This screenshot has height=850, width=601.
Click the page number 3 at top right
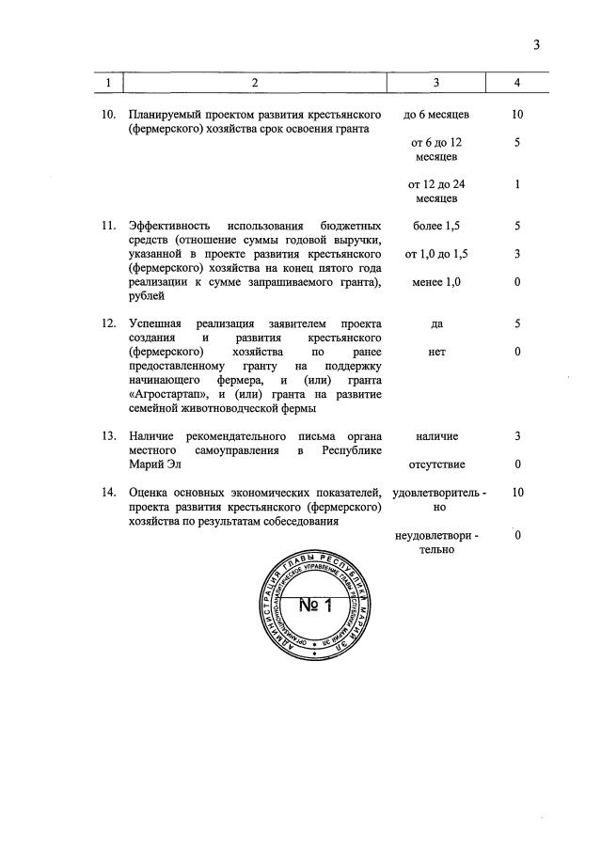point(536,45)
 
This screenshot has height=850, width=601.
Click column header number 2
point(253,84)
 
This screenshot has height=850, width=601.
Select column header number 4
point(517,84)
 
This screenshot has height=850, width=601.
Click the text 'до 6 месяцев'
point(436,115)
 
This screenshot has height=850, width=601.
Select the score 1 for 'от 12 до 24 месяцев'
point(517,184)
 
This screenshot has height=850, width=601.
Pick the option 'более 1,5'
point(437,226)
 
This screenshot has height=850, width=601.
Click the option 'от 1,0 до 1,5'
point(436,254)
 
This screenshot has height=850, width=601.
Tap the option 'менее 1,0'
point(437,282)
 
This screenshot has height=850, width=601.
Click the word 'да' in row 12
point(437,323)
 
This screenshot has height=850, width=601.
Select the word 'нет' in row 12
point(436,352)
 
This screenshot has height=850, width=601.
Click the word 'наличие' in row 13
point(436,436)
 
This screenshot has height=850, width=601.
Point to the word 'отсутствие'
point(436,464)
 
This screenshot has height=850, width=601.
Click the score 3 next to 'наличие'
point(517,436)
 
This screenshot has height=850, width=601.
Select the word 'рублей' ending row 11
point(147,296)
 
